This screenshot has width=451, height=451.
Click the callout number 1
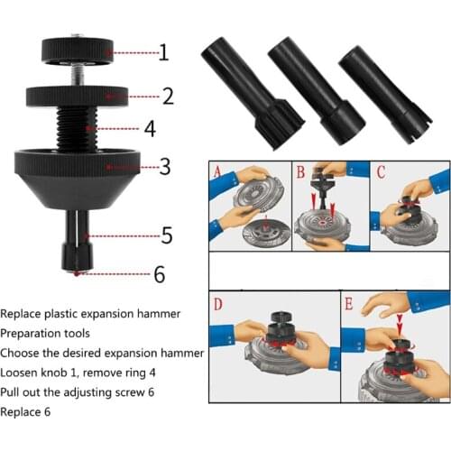click(162, 52)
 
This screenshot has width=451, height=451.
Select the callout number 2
click(167, 94)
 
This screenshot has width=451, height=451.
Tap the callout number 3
click(165, 166)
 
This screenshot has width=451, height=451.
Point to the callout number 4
click(149, 129)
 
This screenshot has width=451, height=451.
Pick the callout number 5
click(167, 235)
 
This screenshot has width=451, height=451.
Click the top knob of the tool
click(76, 49)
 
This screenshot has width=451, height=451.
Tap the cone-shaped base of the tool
click(78, 175)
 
